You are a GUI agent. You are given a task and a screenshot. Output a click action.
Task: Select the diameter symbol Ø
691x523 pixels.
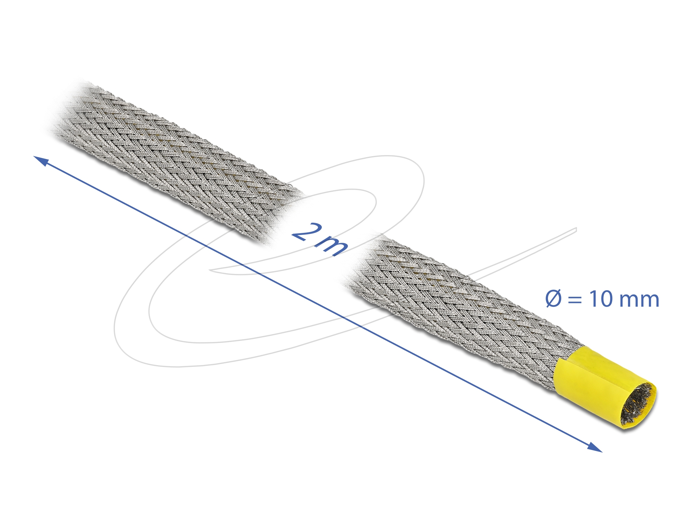554,299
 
